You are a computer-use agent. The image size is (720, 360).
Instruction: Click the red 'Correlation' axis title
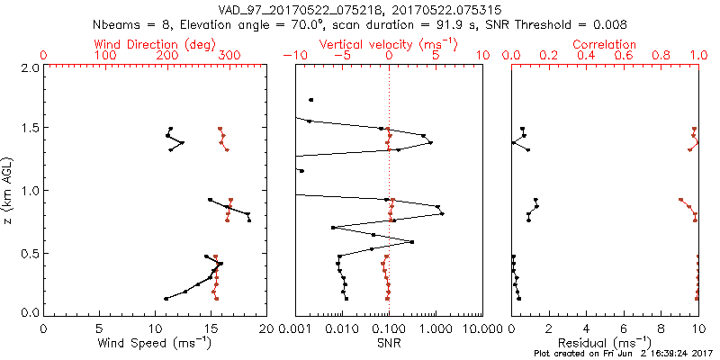click(605, 44)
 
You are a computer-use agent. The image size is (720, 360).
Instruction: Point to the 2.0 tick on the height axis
click(30, 67)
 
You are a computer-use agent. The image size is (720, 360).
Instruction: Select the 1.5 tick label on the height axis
click(30, 129)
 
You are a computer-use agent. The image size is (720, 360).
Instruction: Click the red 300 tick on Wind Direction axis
click(229, 56)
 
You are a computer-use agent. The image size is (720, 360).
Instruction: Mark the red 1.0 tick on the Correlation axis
click(697, 56)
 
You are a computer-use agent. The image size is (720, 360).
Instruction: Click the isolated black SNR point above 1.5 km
click(311, 100)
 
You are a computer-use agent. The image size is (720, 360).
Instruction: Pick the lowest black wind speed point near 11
click(166, 298)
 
